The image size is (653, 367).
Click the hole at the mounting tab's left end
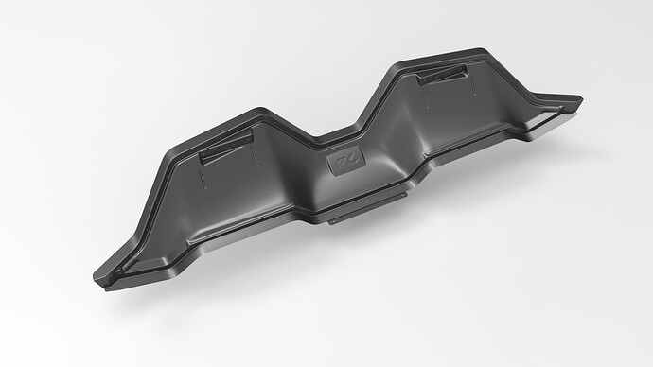(333, 221)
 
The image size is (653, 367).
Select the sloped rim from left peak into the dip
(298, 123)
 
